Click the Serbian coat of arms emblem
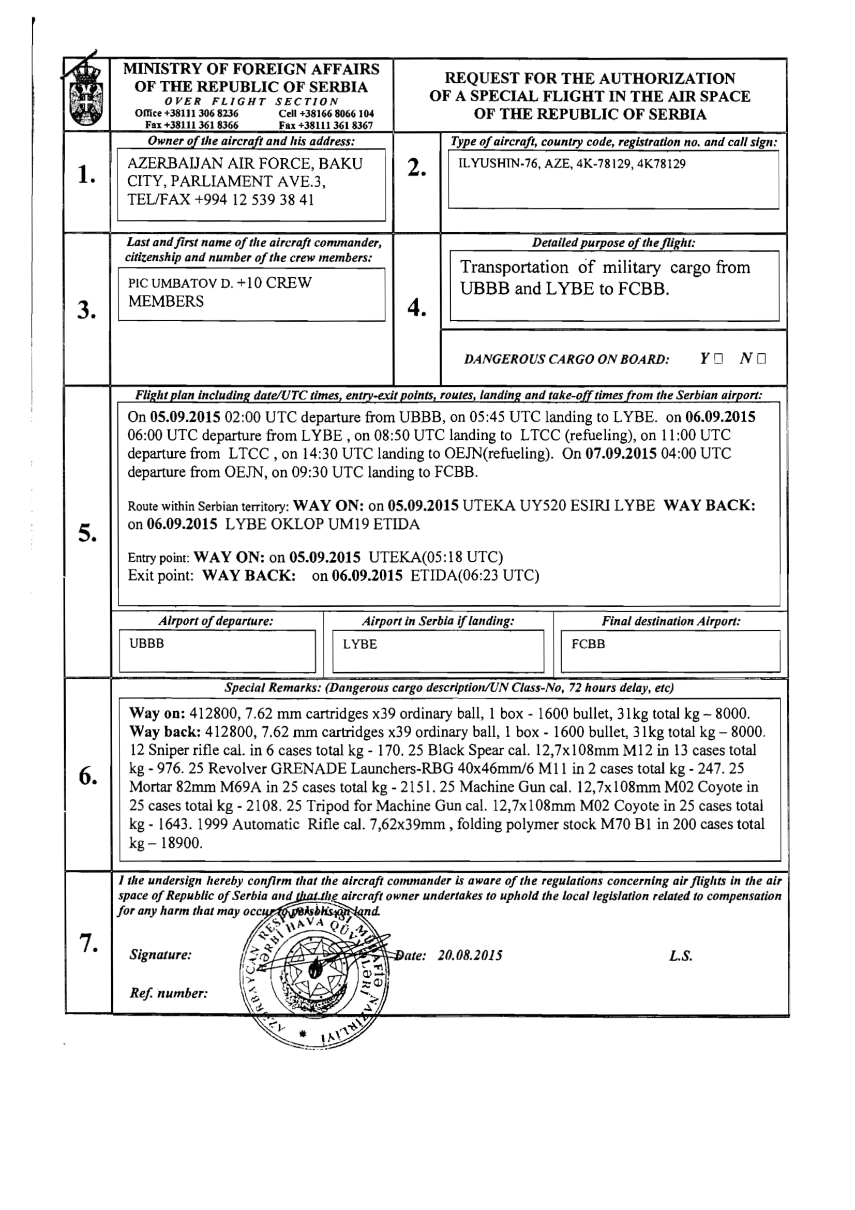click(x=86, y=95)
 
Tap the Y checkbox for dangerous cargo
click(x=718, y=360)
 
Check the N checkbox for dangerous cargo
click(x=761, y=360)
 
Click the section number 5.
click(x=87, y=533)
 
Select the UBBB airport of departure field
click(x=217, y=651)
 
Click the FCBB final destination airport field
click(x=670, y=651)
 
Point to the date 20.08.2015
click(x=470, y=955)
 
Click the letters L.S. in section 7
click(x=681, y=956)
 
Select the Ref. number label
click(x=169, y=993)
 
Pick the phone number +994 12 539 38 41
click(x=254, y=200)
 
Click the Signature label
click(x=161, y=955)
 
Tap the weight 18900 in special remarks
click(x=182, y=843)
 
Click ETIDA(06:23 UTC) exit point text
click(x=475, y=575)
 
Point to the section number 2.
click(x=416, y=168)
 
